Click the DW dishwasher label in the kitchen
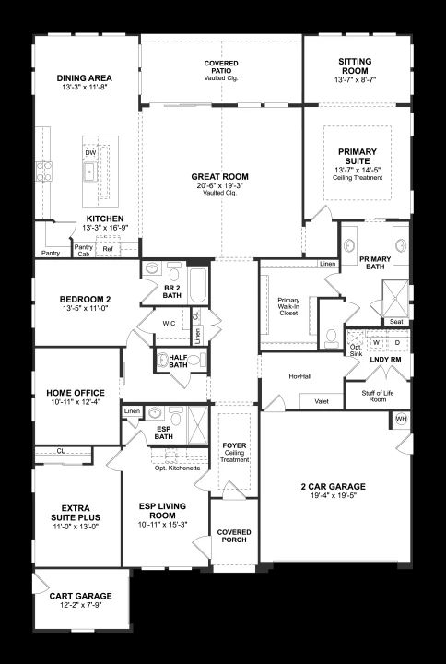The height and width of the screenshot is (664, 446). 90,153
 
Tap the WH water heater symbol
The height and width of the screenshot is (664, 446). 401,419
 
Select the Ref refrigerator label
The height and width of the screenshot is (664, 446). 108,249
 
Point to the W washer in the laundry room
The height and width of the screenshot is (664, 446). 376,342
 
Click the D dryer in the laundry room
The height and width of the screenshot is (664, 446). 397,342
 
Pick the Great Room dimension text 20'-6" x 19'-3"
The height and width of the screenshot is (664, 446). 220,185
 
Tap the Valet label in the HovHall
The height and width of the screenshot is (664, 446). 322,401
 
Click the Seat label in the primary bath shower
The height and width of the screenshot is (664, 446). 396,322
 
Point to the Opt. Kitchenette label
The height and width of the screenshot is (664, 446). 177,468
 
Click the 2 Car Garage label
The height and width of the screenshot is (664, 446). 333,487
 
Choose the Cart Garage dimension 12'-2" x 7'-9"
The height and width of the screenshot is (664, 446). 81,604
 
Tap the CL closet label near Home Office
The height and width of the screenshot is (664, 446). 61,451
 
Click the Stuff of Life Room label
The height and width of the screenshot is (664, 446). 378,397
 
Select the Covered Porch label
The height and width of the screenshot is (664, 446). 234,536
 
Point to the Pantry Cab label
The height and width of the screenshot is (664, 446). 83,251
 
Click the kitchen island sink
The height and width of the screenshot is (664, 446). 89,172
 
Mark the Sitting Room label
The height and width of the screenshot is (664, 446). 355,66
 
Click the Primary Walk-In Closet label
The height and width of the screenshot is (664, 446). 288,306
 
